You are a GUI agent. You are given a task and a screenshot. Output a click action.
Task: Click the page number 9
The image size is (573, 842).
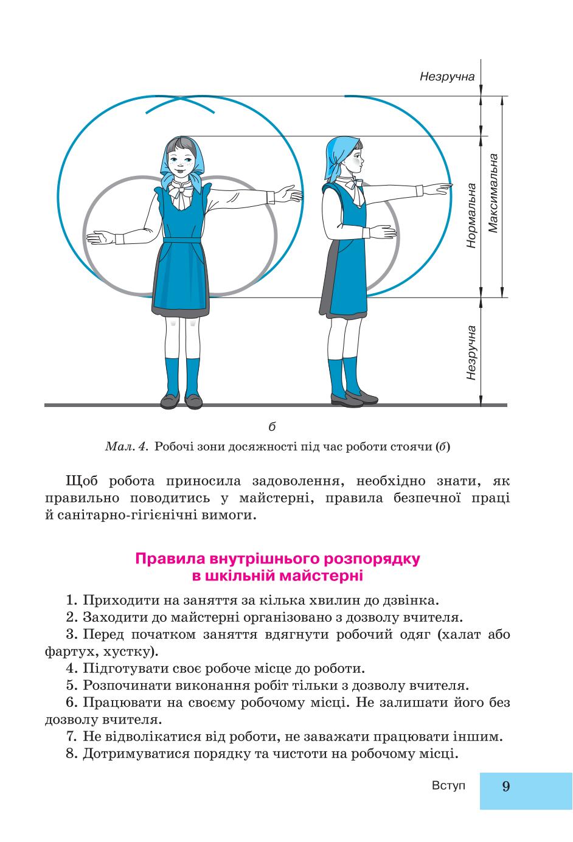[x=505, y=786]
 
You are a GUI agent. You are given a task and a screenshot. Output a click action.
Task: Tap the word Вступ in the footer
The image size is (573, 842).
[x=449, y=785]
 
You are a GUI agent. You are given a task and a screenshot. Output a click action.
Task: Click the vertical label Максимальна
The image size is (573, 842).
[x=493, y=193]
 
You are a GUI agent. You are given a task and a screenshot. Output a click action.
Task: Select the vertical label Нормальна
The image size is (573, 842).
[x=471, y=215]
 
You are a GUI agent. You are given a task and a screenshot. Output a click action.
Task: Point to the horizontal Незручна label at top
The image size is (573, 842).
[x=447, y=77]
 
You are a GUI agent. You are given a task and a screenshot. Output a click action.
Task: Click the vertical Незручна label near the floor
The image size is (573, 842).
[x=471, y=353]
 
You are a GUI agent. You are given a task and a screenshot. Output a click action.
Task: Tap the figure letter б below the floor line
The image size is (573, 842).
[x=272, y=426]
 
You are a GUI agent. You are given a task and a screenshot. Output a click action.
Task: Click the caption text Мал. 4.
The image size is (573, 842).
[x=125, y=447]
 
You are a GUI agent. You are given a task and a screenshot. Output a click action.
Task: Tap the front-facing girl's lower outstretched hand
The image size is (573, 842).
[x=100, y=238]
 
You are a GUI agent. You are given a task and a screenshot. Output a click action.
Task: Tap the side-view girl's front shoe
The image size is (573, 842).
[x=346, y=399]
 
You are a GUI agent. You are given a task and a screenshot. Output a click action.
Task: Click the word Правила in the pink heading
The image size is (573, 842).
[x=170, y=559]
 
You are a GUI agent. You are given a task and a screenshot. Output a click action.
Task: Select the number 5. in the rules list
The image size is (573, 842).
[x=72, y=685]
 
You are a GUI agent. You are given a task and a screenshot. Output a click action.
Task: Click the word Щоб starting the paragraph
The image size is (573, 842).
[x=82, y=481]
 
